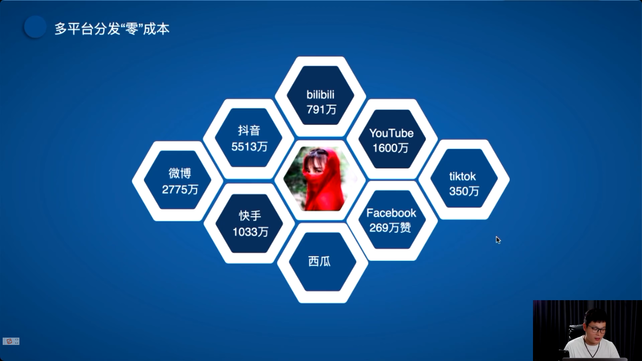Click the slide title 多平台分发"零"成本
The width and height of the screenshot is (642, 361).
112,29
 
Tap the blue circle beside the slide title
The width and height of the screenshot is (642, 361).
35,27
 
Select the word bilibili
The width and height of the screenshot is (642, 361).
320,95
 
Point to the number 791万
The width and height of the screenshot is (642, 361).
321,109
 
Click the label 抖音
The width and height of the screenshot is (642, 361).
249,130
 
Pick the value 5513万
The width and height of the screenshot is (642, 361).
249,146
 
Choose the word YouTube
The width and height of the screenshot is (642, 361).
392,133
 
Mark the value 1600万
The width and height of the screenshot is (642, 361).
391,148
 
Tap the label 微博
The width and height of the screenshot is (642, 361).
180,173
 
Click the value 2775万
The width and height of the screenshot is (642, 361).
180,190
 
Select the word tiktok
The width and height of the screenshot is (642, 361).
462,176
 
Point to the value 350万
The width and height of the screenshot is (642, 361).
464,191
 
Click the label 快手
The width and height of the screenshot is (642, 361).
250,216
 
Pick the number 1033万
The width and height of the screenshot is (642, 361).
250,232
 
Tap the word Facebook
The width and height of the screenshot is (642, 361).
391,213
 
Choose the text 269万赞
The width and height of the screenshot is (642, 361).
390,228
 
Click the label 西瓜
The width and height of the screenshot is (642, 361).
319,261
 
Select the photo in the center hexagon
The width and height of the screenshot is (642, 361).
320,179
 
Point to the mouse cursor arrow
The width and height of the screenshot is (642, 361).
498,240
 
